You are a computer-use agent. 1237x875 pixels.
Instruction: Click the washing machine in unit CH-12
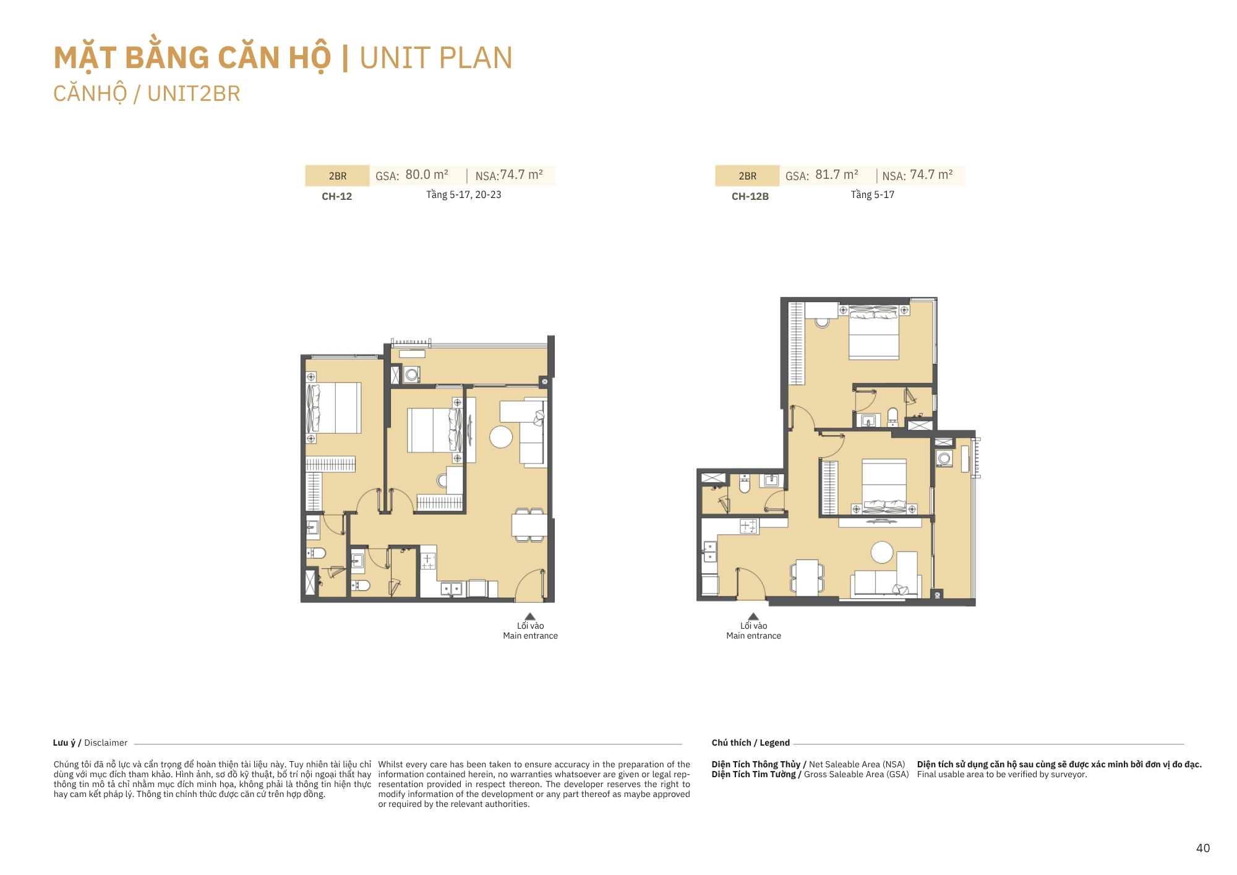click(412, 374)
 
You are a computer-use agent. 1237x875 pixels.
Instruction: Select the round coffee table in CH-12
click(501, 437)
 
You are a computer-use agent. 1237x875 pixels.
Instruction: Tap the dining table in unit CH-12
click(529, 525)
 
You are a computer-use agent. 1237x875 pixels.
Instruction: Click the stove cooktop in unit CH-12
click(428, 561)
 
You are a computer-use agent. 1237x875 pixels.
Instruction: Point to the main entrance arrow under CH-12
click(530, 616)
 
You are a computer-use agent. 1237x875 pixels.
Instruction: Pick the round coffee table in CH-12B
click(882, 552)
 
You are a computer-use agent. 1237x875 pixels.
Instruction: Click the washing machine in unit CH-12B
click(944, 459)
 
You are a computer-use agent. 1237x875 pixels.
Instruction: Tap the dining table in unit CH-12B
click(807, 577)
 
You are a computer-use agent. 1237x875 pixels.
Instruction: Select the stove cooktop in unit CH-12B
click(748, 527)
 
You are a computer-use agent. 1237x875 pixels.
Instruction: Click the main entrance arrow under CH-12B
click(753, 616)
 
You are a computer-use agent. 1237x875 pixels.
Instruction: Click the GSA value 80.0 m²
click(427, 175)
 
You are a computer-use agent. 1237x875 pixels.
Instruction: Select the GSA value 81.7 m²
click(837, 175)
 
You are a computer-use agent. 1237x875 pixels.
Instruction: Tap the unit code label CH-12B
click(750, 196)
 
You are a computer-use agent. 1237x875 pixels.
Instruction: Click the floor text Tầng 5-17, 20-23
click(464, 195)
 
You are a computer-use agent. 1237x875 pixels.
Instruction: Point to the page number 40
click(1203, 848)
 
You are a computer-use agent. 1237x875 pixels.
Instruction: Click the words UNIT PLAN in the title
click(436, 58)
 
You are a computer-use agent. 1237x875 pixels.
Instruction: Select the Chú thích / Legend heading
click(751, 743)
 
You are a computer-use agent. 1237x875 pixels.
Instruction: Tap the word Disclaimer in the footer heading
click(106, 743)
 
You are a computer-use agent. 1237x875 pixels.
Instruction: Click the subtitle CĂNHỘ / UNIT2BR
click(147, 94)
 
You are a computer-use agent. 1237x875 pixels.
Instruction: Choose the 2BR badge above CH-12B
click(747, 176)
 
